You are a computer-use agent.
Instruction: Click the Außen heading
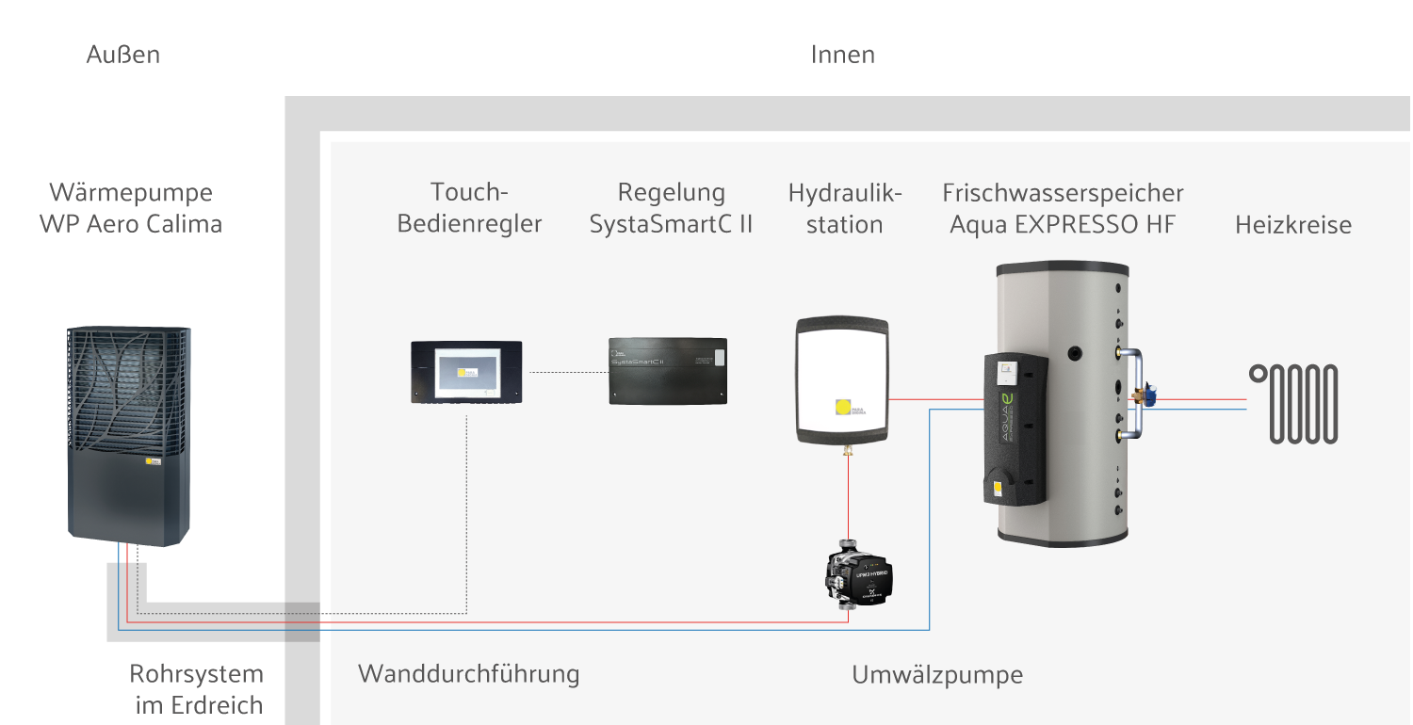tap(123, 55)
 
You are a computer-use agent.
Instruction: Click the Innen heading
tap(843, 55)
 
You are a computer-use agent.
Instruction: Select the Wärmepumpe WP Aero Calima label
tap(131, 208)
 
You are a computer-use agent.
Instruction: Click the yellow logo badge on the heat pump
tap(154, 462)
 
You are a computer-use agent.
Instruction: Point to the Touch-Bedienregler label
tap(469, 208)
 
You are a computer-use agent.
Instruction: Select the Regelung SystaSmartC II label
tap(671, 208)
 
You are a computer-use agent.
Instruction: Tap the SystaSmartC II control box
tap(669, 371)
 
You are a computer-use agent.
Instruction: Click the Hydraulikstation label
tap(845, 208)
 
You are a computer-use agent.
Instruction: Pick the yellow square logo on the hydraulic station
tap(843, 408)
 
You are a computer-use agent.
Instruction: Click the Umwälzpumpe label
tap(937, 675)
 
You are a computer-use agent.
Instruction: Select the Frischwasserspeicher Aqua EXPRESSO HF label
tap(1063, 208)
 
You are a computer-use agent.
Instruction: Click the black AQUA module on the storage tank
tap(1015, 428)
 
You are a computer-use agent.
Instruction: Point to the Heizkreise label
tap(1293, 225)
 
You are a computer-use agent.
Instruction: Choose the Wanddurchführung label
tap(468, 674)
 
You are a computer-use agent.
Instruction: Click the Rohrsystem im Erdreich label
tap(197, 689)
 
